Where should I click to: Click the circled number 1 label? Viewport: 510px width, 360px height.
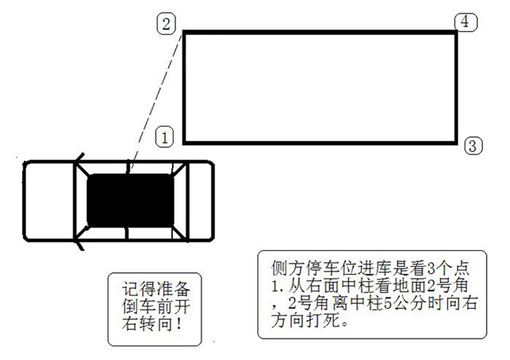click(x=165, y=137)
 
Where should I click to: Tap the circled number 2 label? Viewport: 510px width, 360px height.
click(x=167, y=24)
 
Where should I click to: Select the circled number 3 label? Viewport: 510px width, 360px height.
click(x=473, y=146)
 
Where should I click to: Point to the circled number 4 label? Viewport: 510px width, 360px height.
click(x=465, y=22)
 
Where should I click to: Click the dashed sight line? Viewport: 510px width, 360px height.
click(x=156, y=101)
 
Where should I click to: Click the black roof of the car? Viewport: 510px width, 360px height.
click(x=131, y=201)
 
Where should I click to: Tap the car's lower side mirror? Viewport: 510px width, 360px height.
click(x=80, y=245)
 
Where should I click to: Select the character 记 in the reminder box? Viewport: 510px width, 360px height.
click(x=131, y=288)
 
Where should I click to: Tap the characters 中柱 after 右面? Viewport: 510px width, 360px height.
click(x=357, y=286)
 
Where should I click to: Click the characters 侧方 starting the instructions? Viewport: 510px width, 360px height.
click(x=288, y=268)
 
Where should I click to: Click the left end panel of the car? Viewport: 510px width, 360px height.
click(x=49, y=201)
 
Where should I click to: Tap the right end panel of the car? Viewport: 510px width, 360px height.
click(x=201, y=201)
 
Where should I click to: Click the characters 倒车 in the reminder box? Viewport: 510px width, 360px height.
click(x=139, y=306)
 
